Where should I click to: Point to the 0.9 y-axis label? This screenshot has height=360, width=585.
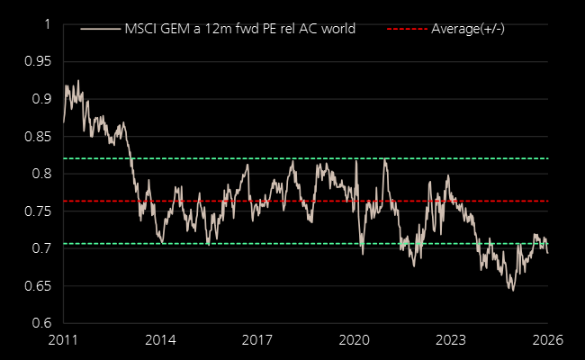pos(40,99)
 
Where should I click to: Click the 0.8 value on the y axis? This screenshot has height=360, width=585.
pos(40,174)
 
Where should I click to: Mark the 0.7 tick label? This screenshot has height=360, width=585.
pos(40,248)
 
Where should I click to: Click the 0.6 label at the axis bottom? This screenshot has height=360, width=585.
pos(40,323)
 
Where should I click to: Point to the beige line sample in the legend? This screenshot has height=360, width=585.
pos(100,29)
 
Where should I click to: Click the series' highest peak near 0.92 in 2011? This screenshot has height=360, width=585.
pos(78,81)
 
